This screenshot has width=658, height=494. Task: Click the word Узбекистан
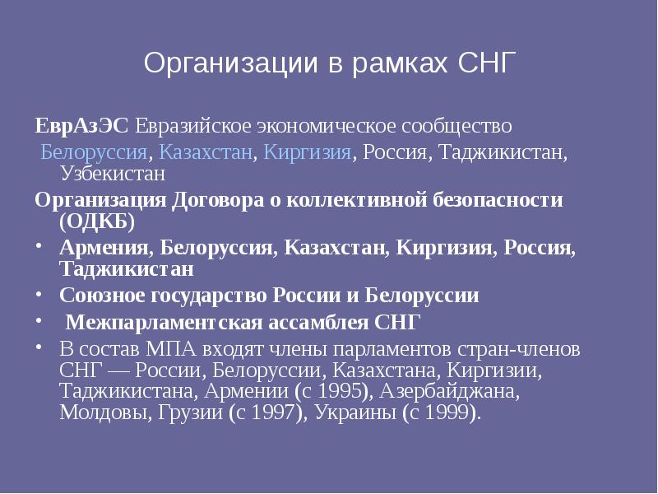click(112, 174)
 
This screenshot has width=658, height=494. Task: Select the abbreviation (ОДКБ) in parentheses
click(96, 221)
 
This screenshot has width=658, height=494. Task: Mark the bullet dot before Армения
click(39, 247)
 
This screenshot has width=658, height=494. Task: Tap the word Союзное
click(105, 295)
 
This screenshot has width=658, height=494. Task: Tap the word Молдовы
click(101, 412)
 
